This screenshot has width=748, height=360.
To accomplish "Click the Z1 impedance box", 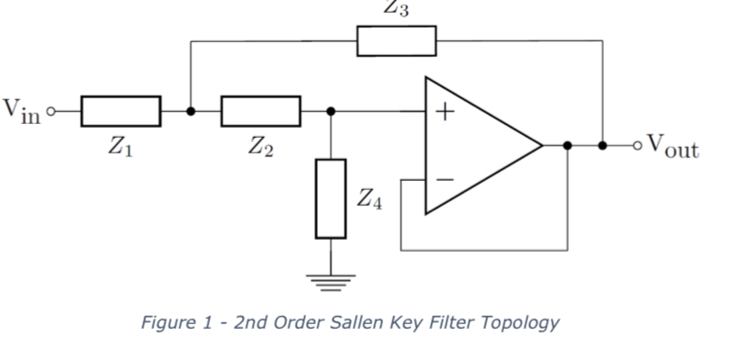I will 120,111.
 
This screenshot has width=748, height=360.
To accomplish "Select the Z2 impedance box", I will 260,111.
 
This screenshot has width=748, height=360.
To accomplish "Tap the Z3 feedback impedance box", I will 396,41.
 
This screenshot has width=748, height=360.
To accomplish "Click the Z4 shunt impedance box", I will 331,198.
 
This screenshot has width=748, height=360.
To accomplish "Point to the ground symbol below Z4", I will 331,279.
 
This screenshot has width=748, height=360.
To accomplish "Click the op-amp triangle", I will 478,145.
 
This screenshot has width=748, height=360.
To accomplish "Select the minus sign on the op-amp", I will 445,180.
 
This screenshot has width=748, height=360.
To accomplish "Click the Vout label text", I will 673,145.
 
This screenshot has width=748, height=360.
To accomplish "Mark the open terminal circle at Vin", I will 51,111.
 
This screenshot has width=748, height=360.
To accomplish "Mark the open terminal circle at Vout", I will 635,145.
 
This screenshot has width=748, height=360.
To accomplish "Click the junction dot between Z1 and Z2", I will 190,111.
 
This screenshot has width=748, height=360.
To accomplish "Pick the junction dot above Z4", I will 331,111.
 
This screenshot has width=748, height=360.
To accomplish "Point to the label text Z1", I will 120,147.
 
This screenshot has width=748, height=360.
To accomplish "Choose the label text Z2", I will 260,147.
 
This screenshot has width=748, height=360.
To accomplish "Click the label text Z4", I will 368,198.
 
